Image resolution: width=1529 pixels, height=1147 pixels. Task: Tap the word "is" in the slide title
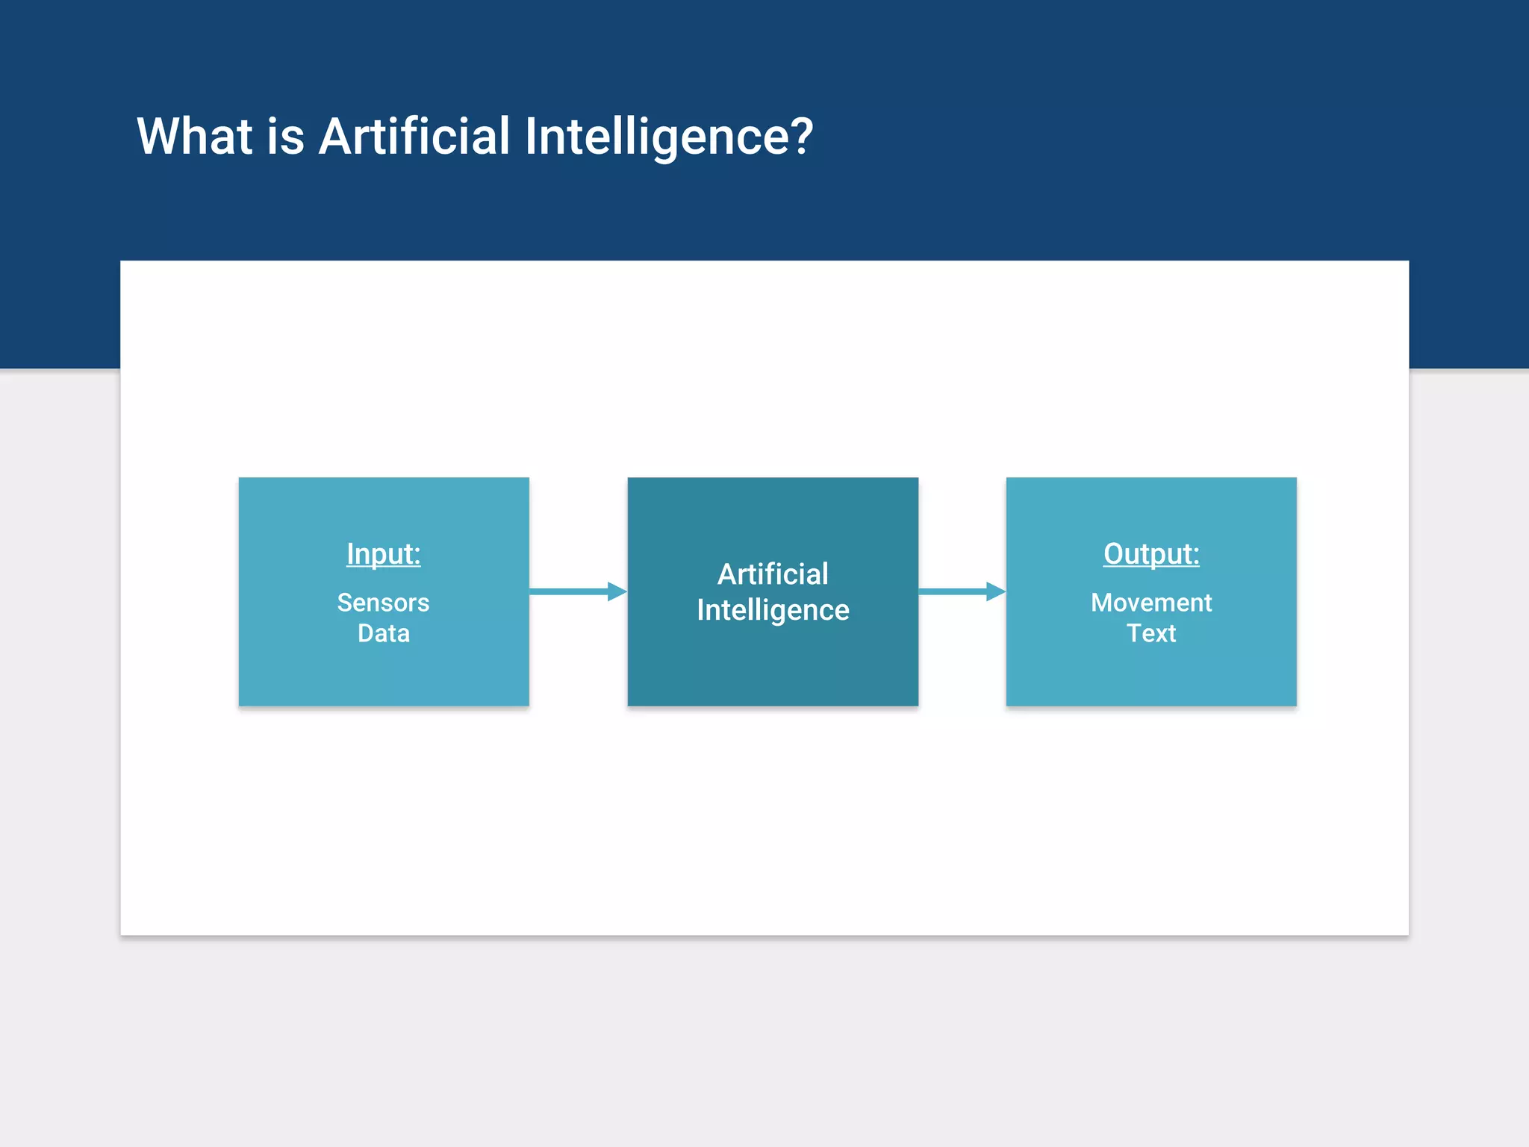(285, 137)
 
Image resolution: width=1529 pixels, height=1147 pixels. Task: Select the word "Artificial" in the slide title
(414, 137)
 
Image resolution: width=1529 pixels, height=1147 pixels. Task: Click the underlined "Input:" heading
(383, 554)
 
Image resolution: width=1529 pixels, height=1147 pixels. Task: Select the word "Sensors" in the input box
(383, 603)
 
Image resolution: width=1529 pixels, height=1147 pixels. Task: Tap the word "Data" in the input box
(383, 633)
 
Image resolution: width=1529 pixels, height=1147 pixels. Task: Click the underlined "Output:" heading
(1150, 554)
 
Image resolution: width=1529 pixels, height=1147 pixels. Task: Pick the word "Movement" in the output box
(1150, 603)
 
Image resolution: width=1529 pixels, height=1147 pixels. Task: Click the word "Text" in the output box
(1150, 633)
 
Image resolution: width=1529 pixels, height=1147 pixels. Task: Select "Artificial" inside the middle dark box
(773, 574)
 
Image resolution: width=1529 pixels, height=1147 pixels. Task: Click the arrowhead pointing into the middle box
(617, 591)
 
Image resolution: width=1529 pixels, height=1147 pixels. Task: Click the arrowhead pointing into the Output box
(995, 591)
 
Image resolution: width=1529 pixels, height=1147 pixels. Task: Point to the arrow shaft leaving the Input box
(567, 591)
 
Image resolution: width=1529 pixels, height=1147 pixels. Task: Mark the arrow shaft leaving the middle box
(952, 591)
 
